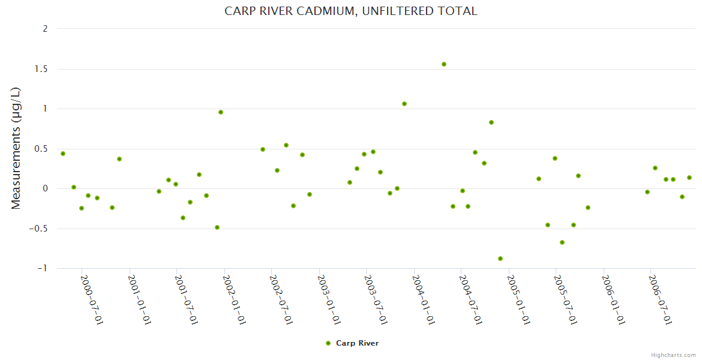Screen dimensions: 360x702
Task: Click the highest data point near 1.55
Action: (444, 64)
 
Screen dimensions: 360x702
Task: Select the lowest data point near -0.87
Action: (500, 259)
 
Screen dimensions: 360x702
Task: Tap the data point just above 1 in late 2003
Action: (404, 104)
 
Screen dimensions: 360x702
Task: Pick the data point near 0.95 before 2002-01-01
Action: (221, 112)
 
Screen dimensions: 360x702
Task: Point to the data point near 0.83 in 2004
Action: (491, 122)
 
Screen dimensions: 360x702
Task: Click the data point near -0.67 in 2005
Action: (562, 242)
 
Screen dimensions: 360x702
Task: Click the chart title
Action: (351, 11)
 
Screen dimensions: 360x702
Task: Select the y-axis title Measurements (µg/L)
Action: (16, 148)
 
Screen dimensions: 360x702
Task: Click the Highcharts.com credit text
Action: (674, 355)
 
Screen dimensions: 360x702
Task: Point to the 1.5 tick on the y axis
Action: (41, 69)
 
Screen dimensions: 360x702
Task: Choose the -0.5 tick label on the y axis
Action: (39, 229)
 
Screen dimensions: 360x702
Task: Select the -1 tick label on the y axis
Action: (42, 268)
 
